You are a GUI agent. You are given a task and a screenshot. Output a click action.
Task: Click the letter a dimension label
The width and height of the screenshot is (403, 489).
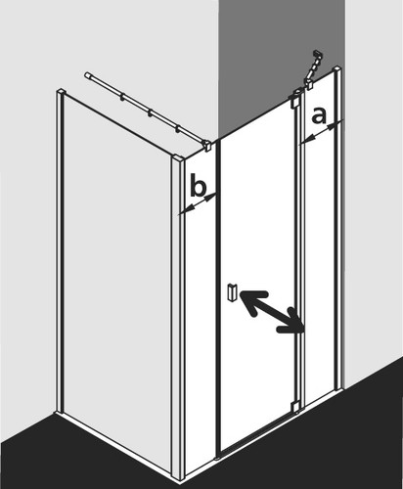319,116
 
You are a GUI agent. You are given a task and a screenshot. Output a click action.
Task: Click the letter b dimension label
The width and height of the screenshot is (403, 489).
198,185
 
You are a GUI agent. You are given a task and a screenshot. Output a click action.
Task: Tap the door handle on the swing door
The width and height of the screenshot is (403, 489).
233,292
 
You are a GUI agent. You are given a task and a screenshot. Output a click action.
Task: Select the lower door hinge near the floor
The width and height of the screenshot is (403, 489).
295,407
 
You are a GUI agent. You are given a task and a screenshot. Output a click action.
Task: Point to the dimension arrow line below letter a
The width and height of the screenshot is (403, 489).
322,132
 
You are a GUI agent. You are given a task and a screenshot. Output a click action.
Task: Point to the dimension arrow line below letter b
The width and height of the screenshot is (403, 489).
198,204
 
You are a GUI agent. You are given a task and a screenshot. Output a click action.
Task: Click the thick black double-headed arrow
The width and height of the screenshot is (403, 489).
272,312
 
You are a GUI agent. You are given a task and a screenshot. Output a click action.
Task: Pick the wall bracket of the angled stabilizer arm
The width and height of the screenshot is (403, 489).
318,54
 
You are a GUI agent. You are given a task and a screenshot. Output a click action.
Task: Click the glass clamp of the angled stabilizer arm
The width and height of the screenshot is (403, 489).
308,83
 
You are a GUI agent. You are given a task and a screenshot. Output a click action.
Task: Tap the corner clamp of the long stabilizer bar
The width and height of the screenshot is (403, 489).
206,145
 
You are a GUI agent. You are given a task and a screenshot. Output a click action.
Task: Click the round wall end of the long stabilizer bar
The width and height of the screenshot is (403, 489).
87,75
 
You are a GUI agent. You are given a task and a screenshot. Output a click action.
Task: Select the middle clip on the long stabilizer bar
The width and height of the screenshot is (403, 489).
150,113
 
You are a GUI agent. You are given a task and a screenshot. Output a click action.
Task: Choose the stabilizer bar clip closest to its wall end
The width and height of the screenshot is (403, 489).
122,98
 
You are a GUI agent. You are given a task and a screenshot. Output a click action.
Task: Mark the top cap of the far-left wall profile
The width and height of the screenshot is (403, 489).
61,91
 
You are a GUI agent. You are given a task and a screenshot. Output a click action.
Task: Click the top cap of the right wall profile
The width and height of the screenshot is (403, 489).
337,69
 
